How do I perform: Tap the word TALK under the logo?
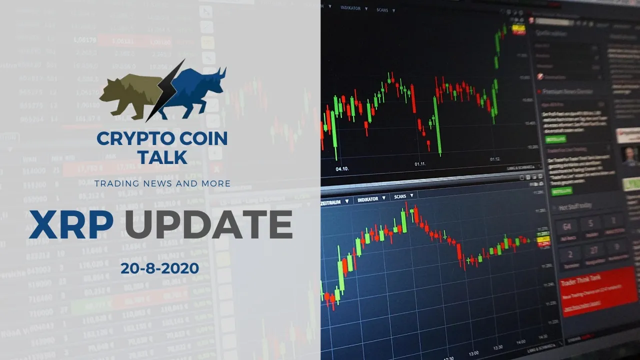click(x=162, y=157)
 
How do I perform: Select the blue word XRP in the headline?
click(x=71, y=224)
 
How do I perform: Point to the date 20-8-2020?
click(x=159, y=268)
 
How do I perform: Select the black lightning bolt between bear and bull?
click(x=165, y=90)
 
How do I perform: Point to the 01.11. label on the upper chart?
click(x=421, y=163)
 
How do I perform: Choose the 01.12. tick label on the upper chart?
click(x=495, y=159)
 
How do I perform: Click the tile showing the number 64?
click(x=567, y=227)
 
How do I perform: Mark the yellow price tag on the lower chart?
click(x=542, y=240)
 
